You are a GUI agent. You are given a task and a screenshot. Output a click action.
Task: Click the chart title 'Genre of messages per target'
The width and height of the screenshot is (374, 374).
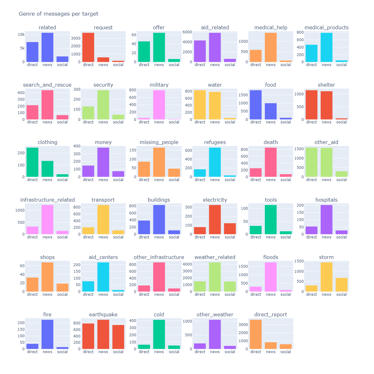pos(58,14)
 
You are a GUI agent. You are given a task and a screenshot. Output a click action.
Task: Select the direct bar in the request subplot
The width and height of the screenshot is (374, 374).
pos(88,47)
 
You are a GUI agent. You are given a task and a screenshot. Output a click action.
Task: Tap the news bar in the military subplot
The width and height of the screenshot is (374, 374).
pos(159,105)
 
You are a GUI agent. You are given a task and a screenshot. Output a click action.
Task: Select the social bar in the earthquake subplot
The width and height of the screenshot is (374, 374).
pos(118,337)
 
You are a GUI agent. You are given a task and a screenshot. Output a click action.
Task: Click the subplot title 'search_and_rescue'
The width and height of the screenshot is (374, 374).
pos(47,85)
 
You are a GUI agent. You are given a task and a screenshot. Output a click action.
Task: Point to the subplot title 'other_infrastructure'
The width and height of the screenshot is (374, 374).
pos(159,257)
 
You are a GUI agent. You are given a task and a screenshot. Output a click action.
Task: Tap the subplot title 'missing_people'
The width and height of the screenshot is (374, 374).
pos(159,142)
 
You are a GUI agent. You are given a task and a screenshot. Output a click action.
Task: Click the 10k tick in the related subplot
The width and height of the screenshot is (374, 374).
pos(21,35)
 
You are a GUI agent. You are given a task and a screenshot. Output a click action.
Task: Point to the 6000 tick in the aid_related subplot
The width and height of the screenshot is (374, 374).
pos(187,32)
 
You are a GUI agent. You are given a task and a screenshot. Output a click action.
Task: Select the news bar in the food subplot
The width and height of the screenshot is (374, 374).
pos(271,111)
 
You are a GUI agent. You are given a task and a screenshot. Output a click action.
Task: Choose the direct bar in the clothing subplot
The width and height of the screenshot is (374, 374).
pos(32,162)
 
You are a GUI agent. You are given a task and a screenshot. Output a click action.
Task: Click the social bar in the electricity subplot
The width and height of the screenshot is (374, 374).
pos(230,229)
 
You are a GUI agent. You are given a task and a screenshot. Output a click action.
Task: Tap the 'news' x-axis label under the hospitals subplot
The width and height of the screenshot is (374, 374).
pos(326,237)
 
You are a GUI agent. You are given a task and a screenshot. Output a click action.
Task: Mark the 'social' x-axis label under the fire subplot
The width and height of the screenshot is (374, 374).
pos(62,352)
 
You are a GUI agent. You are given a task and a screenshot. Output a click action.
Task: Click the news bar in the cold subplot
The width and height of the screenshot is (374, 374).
pos(159,334)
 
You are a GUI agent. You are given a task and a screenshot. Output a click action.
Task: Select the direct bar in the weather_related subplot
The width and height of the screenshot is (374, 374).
pos(200,286)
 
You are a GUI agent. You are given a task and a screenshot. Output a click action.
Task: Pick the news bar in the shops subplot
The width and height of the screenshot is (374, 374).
pos(47,277)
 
